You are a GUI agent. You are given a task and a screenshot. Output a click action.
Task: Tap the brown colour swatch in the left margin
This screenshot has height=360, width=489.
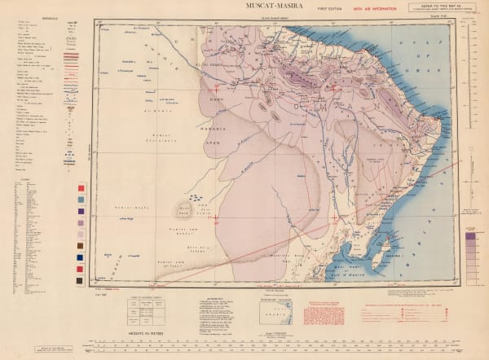(x=80, y=245)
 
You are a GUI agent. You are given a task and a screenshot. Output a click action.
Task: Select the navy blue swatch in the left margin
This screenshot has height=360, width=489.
(x=80, y=268)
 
